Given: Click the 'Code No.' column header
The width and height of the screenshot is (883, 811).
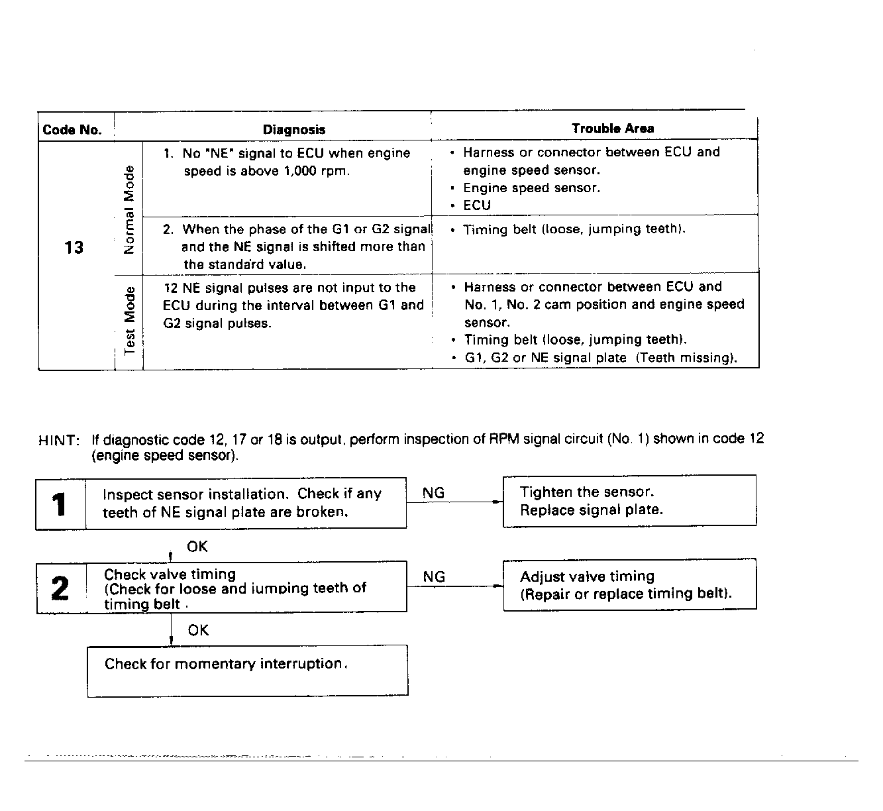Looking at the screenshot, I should point(72,130).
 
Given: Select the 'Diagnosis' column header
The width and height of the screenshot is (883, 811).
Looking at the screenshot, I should point(294,130).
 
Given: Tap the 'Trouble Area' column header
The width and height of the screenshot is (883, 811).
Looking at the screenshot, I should point(613,129).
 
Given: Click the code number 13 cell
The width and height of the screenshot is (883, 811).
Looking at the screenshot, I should point(74,248).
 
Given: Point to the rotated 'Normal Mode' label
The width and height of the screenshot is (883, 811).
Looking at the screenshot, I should point(129,209).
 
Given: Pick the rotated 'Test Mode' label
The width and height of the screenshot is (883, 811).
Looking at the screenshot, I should point(130,320).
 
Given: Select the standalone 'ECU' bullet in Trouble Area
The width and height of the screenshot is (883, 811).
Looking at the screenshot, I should point(477,205).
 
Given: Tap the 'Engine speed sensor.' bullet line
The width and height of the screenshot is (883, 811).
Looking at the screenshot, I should point(531,188).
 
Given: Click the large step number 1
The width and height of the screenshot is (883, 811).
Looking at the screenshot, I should point(60,504).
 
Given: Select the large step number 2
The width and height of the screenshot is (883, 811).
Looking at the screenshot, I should point(60,588).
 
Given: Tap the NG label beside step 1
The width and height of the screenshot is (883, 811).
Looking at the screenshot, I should point(433,493).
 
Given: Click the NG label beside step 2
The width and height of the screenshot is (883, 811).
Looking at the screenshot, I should point(434,577).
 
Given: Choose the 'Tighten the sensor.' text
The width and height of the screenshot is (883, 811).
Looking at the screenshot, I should point(586,492).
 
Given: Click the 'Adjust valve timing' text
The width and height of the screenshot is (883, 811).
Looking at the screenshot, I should point(587,576).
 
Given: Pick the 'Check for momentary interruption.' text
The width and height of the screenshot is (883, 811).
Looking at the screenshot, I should point(227,664).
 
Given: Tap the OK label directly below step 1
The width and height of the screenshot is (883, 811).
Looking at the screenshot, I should point(197,547).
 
